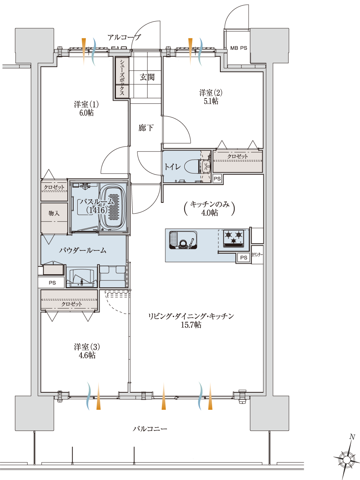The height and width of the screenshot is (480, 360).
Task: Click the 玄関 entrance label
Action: (x=147, y=77)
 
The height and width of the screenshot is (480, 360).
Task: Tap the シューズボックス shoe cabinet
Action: (x=122, y=77)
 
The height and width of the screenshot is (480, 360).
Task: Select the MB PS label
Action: (x=239, y=48)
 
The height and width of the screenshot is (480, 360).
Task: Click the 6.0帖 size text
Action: (x=87, y=113)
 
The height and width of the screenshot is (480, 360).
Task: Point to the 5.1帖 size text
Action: (x=211, y=101)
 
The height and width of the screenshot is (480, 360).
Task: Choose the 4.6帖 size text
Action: (x=87, y=355)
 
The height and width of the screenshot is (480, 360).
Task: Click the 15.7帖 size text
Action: (x=191, y=325)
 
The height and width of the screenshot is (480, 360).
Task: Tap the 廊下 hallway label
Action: (x=146, y=128)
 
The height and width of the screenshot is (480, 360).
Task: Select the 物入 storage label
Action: (x=54, y=213)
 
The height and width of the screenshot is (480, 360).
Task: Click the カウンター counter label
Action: (x=257, y=255)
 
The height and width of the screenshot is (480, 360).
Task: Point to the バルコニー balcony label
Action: (x=150, y=429)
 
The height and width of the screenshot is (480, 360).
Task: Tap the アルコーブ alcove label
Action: (x=124, y=38)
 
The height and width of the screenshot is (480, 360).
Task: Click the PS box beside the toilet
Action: (x=217, y=179)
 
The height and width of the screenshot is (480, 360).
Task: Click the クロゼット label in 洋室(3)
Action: (x=71, y=304)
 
